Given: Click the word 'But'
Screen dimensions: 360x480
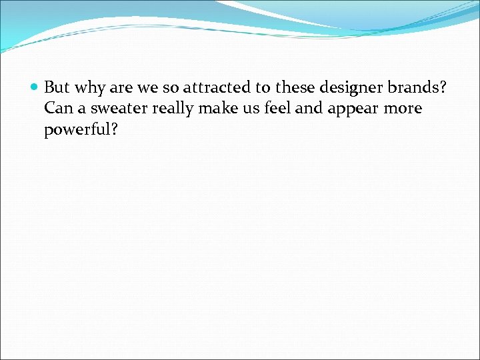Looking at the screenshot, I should point(57,87).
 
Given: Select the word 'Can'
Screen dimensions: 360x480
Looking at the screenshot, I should point(58,108).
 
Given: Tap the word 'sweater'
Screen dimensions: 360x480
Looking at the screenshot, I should point(117,108).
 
